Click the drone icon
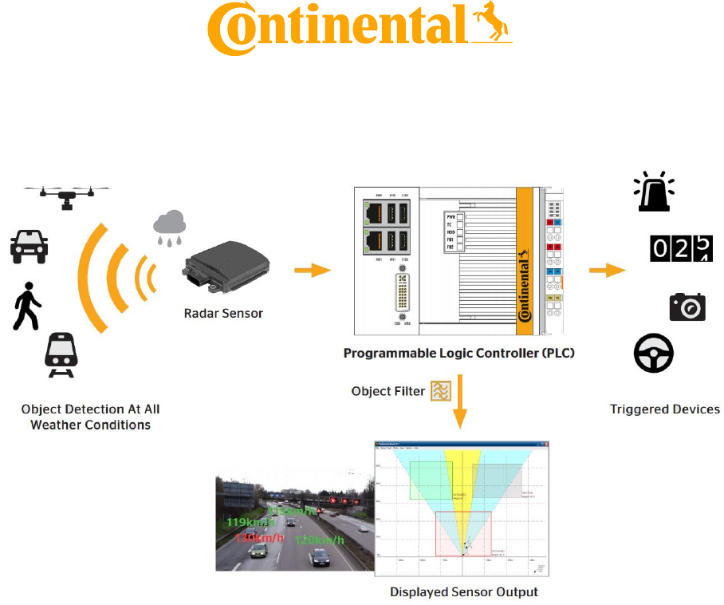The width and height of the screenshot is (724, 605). pyautogui.click(x=66, y=194)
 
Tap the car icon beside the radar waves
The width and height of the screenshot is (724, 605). pyautogui.click(x=29, y=246)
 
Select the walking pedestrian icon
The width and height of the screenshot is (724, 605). pyautogui.click(x=26, y=306)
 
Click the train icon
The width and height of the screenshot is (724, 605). pyautogui.click(x=61, y=354)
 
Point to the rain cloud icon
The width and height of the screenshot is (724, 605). pyautogui.click(x=170, y=227)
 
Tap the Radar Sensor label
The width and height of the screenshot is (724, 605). pyautogui.click(x=222, y=314)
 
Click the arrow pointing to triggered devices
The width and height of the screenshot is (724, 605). pyautogui.click(x=607, y=270)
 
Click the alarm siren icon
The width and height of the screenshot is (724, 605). pyautogui.click(x=654, y=193)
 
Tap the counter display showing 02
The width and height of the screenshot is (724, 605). pyautogui.click(x=680, y=249)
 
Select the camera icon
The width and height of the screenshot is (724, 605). pyautogui.click(x=687, y=306)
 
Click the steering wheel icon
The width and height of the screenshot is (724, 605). pyautogui.click(x=654, y=354)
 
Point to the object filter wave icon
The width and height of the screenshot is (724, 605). pyautogui.click(x=440, y=390)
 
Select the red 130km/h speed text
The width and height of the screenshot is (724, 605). pyautogui.click(x=259, y=538)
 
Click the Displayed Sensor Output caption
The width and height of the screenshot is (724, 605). pyautogui.click(x=463, y=592)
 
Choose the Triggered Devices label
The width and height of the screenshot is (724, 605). pyautogui.click(x=665, y=409)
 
